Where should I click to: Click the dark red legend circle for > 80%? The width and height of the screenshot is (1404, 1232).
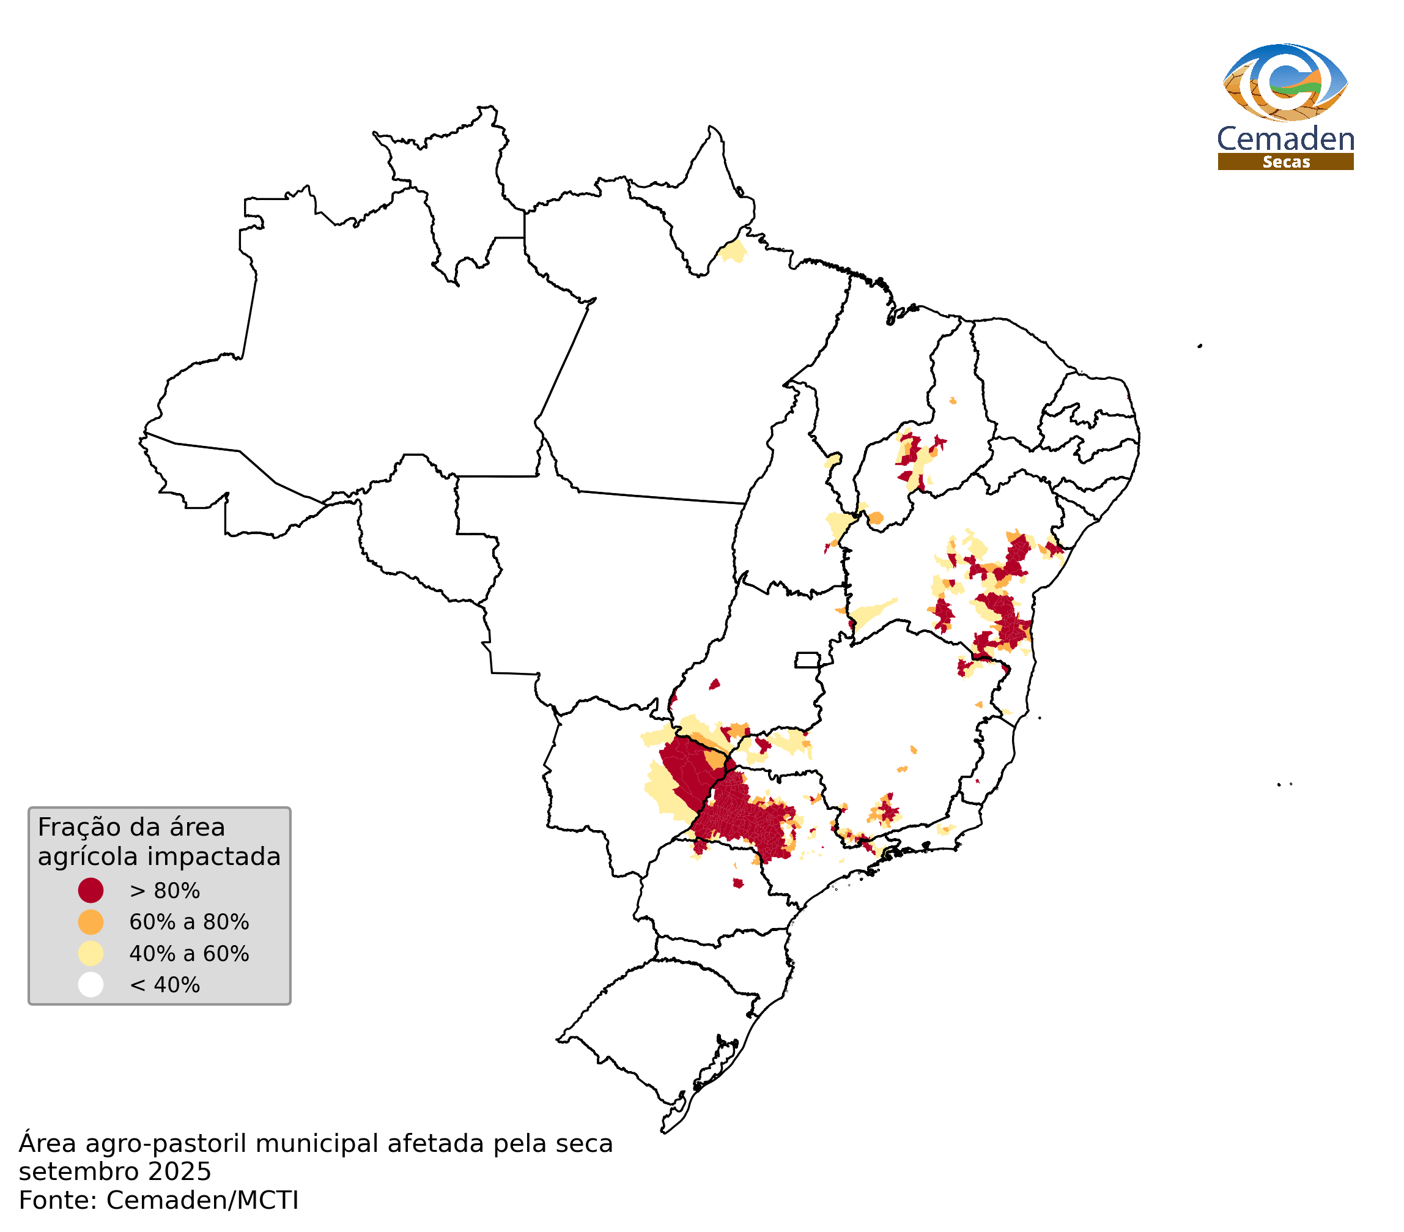tap(91, 891)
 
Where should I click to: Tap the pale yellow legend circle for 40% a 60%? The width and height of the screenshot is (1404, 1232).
tap(91, 954)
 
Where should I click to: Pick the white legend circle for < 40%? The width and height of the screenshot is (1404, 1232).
tap(91, 985)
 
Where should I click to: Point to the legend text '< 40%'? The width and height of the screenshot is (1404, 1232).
tap(165, 986)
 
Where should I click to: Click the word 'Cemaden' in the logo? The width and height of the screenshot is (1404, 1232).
tap(1286, 139)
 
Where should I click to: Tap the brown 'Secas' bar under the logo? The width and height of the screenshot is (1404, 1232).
tap(1286, 162)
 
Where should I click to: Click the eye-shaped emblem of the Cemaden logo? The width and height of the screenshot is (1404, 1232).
tap(1286, 83)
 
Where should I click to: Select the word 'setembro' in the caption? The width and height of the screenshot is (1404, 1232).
tap(67, 1172)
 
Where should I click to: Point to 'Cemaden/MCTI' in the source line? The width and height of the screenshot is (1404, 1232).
tap(202, 1201)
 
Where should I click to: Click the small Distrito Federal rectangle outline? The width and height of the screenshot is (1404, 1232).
tap(808, 660)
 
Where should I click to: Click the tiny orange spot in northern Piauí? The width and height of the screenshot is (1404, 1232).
tap(953, 401)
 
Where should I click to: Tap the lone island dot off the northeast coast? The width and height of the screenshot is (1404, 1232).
tap(1200, 346)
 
